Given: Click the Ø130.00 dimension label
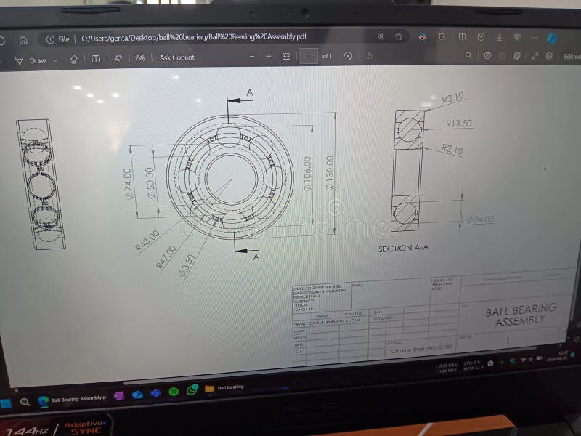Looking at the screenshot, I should [330, 173].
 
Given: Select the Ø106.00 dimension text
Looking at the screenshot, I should [308, 174].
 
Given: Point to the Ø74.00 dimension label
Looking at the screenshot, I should [128, 182].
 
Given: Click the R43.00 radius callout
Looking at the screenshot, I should [147, 241].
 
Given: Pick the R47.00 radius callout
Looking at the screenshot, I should [167, 257].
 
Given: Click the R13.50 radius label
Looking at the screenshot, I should [458, 124].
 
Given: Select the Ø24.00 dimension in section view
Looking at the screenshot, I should [479, 219].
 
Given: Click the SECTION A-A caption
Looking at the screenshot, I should [403, 248].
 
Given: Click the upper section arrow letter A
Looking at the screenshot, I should [249, 92].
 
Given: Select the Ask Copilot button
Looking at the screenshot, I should [176, 57].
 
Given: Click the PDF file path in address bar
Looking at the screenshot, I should [193, 38].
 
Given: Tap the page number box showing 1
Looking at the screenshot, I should [309, 56].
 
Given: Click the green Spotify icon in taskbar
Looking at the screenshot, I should [174, 392].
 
